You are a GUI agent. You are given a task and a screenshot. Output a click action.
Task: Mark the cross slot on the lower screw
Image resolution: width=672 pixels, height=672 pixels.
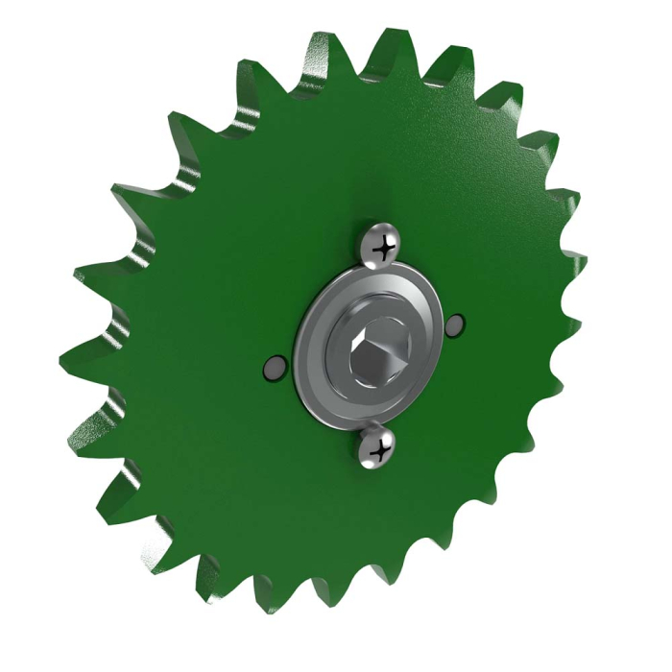pos(380,447)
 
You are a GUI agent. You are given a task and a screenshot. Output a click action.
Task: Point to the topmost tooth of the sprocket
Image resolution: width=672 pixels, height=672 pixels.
pos(389,43)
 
